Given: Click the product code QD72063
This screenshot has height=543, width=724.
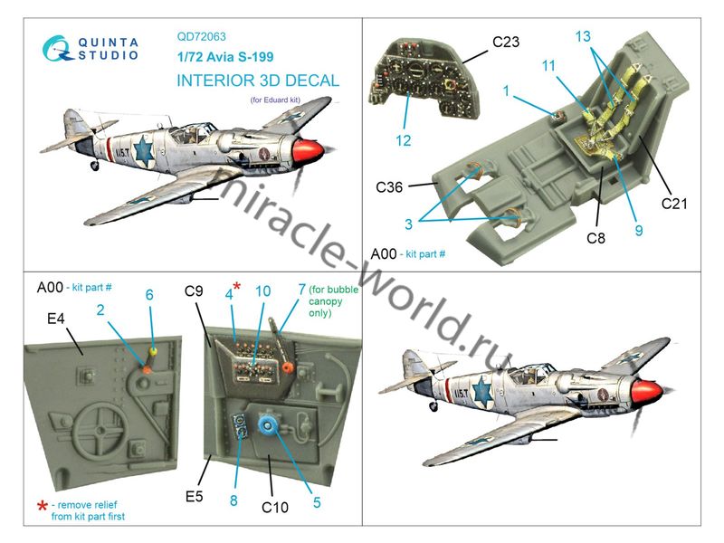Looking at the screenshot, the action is (x=201, y=36).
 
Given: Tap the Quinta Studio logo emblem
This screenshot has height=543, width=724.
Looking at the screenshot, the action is (x=58, y=49).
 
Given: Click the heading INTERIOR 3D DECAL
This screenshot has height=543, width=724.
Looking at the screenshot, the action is (x=258, y=81).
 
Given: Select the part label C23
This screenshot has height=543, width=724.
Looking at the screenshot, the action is (x=506, y=42).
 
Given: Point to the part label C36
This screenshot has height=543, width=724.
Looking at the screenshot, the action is (x=389, y=187).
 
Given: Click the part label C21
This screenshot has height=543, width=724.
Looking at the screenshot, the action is (x=674, y=204).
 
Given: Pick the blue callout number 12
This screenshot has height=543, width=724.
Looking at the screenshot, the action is (x=403, y=140).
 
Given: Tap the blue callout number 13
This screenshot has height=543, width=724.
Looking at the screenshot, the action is (x=583, y=36).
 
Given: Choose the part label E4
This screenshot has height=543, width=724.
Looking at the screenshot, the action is (x=56, y=319).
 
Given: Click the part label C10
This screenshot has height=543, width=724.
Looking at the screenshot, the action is (x=275, y=508).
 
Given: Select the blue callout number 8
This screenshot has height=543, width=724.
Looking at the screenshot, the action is (x=233, y=500).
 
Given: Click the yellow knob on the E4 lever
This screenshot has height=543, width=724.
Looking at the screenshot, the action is (x=154, y=352).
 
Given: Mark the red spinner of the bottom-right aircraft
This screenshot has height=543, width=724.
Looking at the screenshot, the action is (x=648, y=391).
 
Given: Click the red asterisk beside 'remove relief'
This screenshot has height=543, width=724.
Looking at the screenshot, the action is (x=43, y=505).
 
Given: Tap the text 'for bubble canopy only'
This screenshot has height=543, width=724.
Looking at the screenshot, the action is (x=333, y=301).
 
